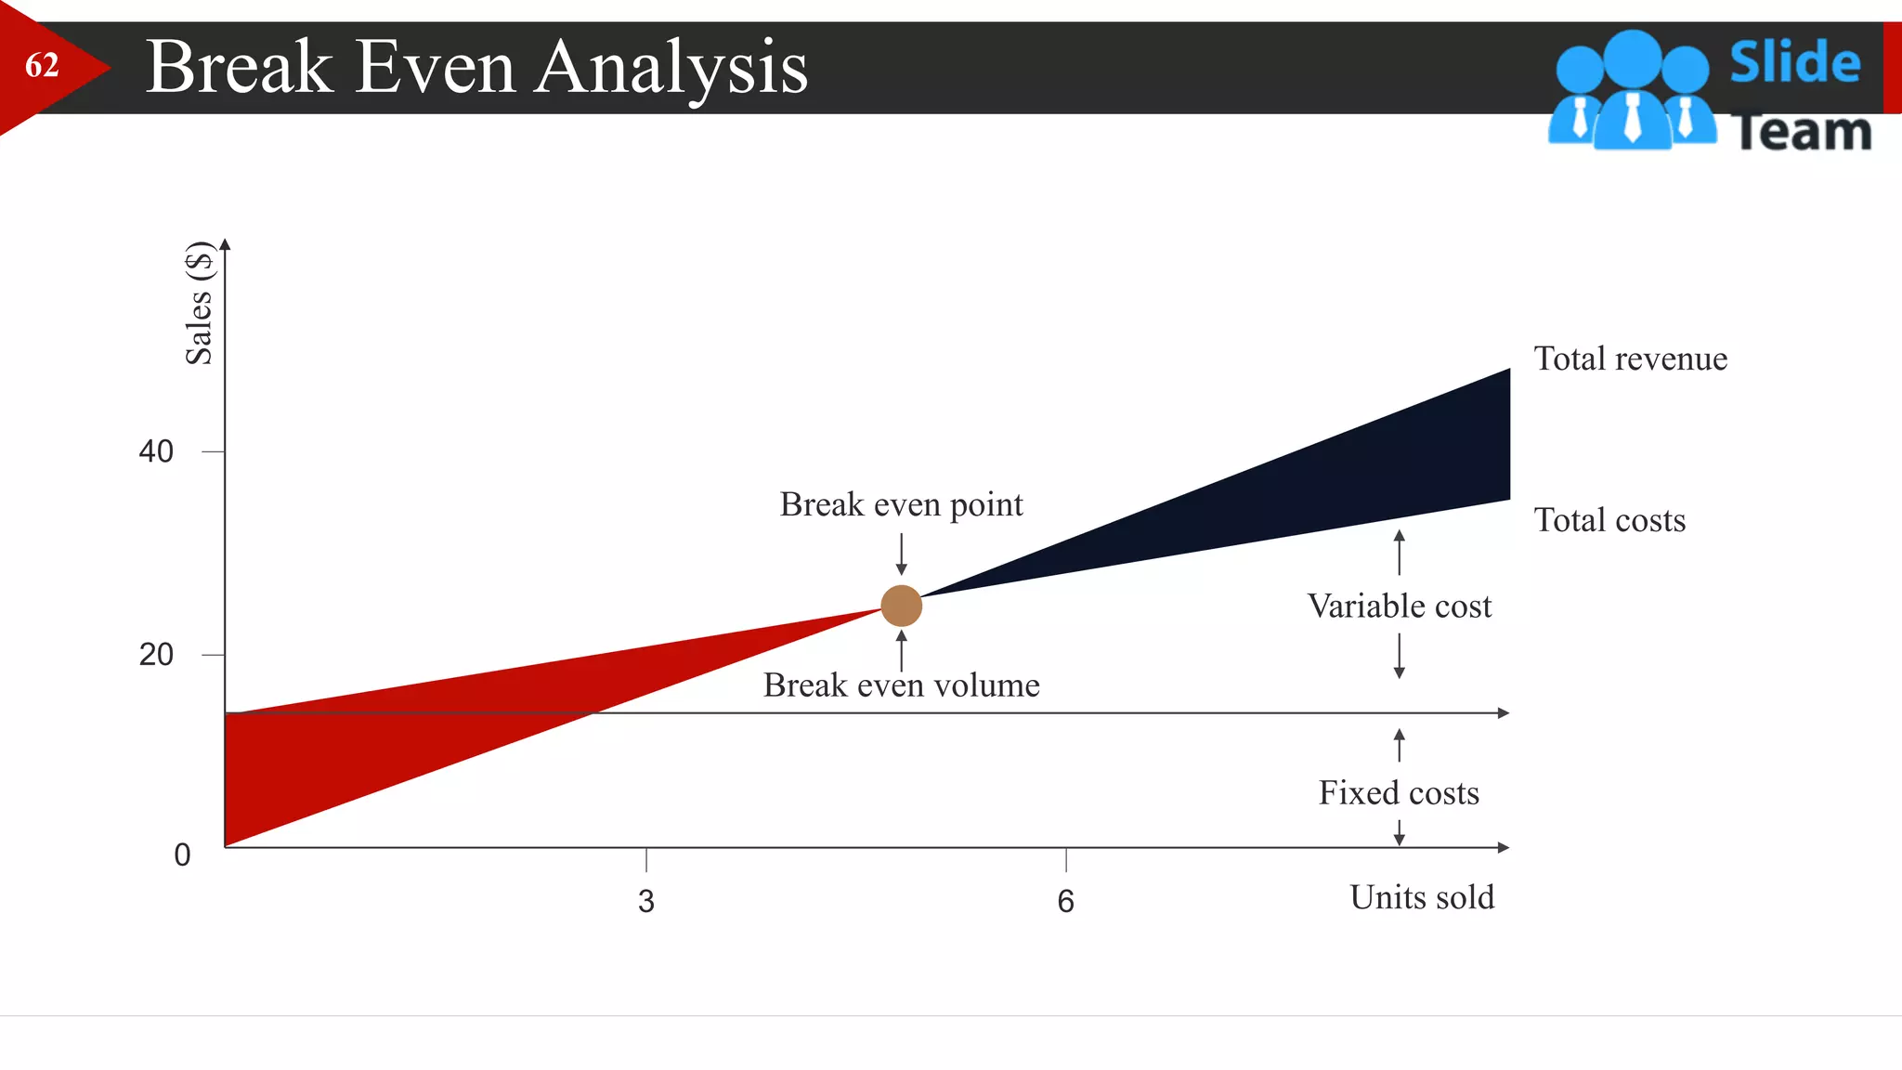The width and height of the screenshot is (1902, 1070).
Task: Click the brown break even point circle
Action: pos(901,606)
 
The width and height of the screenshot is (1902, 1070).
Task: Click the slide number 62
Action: pos(42,65)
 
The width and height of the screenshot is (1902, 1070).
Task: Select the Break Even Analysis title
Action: pos(476,67)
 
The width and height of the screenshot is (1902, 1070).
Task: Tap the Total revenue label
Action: pos(1630,359)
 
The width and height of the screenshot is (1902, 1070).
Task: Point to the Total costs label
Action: pos(1609,520)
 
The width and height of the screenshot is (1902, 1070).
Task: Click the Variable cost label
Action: pos(1399,607)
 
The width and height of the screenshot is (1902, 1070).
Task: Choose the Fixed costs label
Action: pos(1399,793)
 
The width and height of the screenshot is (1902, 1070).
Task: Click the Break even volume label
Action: pos(901,685)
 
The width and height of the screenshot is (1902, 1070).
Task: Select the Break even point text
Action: pos(901,504)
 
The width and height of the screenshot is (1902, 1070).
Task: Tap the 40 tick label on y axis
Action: pos(156,451)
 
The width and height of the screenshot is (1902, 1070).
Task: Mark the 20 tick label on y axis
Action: pos(156,655)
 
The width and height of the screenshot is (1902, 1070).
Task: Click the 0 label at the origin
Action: pos(182,855)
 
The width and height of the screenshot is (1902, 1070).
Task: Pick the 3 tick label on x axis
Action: pos(646,901)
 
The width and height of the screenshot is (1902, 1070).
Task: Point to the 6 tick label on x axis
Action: pos(1065,901)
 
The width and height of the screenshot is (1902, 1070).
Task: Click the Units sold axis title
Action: pos(1422,897)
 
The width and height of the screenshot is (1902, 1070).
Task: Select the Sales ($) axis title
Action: pos(199,303)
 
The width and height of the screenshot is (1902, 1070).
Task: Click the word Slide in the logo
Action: pos(1794,62)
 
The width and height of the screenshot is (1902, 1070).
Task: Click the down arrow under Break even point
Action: pos(901,555)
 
